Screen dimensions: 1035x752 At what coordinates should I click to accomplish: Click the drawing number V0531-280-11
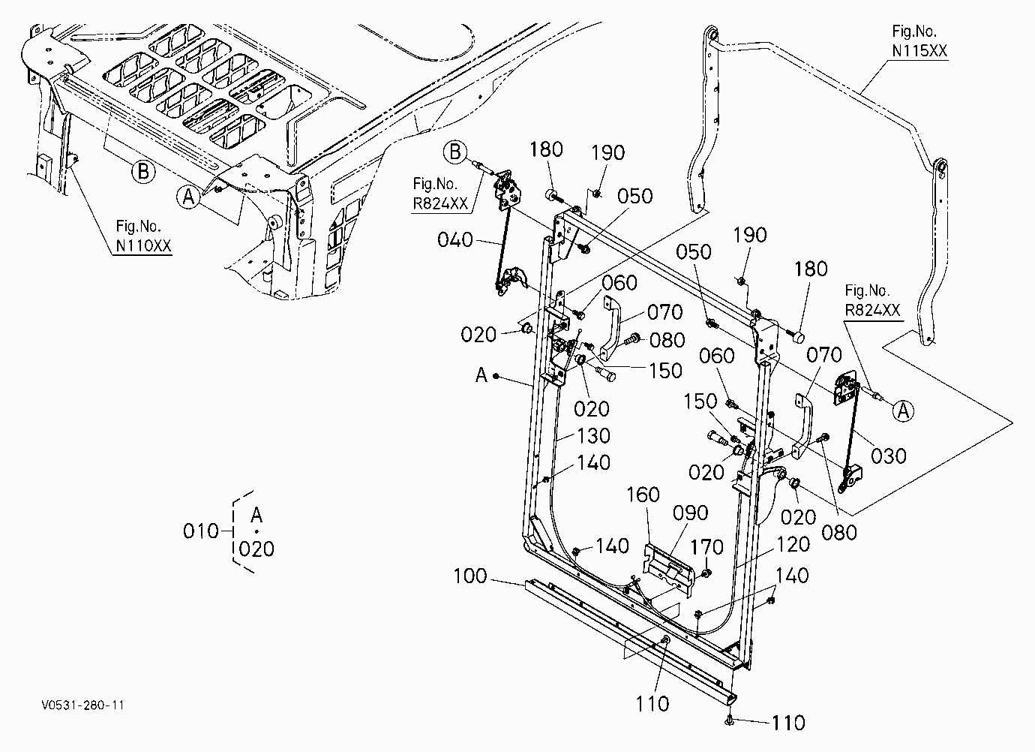tap(82, 705)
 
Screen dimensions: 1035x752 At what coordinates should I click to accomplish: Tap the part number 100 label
tap(470, 576)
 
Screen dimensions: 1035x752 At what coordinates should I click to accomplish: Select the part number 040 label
tap(455, 240)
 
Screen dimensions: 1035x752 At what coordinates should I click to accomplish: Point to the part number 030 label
tap(889, 456)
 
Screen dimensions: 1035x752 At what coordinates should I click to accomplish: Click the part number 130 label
tap(594, 435)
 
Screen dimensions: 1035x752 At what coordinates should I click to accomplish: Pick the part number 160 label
tap(643, 495)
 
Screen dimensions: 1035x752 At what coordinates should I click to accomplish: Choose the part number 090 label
tap(690, 513)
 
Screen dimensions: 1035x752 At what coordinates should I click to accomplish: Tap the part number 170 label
tap(706, 548)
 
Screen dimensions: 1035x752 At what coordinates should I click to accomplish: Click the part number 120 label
tap(793, 545)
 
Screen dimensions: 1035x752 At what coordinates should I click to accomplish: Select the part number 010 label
tap(201, 531)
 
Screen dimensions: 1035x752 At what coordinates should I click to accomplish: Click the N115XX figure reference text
tap(919, 51)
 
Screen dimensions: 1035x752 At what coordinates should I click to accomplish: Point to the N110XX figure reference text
tap(144, 245)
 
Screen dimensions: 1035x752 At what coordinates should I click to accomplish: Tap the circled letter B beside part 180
tap(455, 152)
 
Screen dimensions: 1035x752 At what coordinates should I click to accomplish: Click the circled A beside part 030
tap(903, 411)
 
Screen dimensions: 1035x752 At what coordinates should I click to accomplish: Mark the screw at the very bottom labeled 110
tap(729, 720)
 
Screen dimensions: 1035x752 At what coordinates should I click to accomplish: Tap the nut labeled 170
tap(706, 573)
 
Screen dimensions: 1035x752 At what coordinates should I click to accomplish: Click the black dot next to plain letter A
tap(496, 376)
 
